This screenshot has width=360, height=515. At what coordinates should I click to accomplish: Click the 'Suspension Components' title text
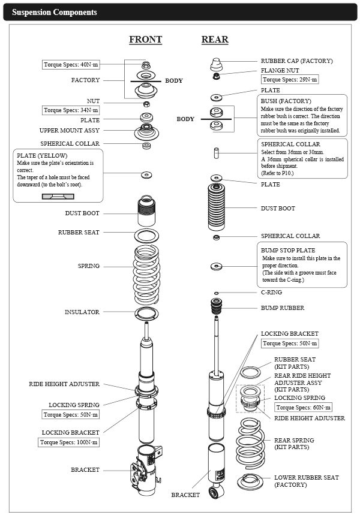pyautogui.click(x=55, y=12)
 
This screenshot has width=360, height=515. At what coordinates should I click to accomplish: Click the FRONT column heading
pyautogui.click(x=145, y=40)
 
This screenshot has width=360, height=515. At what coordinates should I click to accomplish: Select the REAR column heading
pyautogui.click(x=214, y=40)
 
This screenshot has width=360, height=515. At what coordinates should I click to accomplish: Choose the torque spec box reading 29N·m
pyautogui.click(x=290, y=80)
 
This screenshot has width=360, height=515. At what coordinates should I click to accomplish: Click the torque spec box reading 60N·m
pyautogui.click(x=304, y=408)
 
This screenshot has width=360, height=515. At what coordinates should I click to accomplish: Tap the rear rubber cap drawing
pyautogui.click(x=217, y=64)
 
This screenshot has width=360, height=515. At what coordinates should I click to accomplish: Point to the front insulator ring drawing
pyautogui.click(x=146, y=312)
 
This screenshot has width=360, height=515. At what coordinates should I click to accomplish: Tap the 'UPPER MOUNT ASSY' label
pyautogui.click(x=69, y=130)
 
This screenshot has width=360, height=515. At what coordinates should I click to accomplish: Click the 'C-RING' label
pyautogui.click(x=271, y=293)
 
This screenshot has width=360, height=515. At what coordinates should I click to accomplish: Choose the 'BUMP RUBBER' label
pyautogui.click(x=282, y=308)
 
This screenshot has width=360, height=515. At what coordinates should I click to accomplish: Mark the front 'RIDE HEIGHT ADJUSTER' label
pyautogui.click(x=64, y=384)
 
